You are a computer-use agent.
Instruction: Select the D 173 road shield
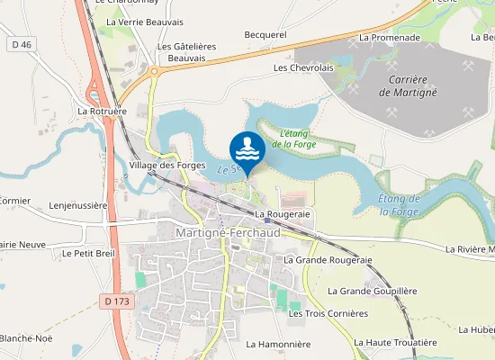[x=115, y=301]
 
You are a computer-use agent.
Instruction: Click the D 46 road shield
[x=22, y=44]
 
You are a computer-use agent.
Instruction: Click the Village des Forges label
[x=167, y=166]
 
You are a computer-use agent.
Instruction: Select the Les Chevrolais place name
[x=303, y=67]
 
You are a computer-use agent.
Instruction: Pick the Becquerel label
[x=265, y=35]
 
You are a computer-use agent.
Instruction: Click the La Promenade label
[x=389, y=38]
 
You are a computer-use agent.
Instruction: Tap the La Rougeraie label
[x=282, y=214]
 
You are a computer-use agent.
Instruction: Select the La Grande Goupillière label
[x=373, y=291]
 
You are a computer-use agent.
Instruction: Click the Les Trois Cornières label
[x=328, y=313]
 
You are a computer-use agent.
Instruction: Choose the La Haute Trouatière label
[x=395, y=342]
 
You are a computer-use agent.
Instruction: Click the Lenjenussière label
[x=78, y=205]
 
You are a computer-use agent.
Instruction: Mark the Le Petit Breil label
[x=89, y=254]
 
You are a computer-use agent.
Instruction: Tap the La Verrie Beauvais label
[x=145, y=22]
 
